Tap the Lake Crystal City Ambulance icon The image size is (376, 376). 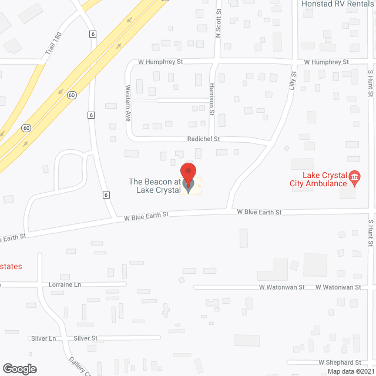click(354, 176)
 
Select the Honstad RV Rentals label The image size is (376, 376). click(338, 4)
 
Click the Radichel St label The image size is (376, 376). click(204, 139)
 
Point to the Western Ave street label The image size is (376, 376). click(127, 103)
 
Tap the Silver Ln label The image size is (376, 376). click(44, 338)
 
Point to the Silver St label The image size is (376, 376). click(86, 338)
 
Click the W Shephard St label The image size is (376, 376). click(340, 363)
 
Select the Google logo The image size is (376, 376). click(19, 369)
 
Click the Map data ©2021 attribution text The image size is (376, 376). click(351, 371)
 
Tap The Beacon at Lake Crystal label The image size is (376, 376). click(154, 186)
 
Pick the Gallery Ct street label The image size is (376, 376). click(80, 368)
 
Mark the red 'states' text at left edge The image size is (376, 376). click(11, 266)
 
